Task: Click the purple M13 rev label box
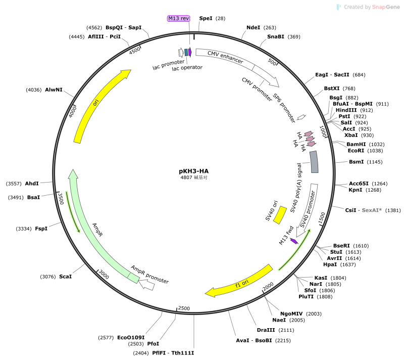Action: pyautogui.click(x=179, y=18)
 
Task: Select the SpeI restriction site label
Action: pyautogui.click(x=206, y=18)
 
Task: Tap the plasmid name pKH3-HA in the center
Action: pyautogui.click(x=194, y=171)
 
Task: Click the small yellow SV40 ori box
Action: pyautogui.click(x=280, y=215)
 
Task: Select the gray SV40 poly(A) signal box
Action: pyautogui.click(x=314, y=162)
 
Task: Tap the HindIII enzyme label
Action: pyautogui.click(x=346, y=110)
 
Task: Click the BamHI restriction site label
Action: pyautogui.click(x=356, y=144)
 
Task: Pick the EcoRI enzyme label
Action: pyautogui.click(x=356, y=151)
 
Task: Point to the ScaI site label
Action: pyautogui.click(x=66, y=277)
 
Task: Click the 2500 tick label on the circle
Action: pyautogui.click(x=184, y=308)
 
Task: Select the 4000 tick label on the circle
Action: pyautogui.click(x=73, y=111)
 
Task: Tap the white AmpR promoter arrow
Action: pyautogui.click(x=146, y=285)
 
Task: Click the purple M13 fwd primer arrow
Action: pyautogui.click(x=294, y=241)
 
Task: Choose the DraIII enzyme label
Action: pyautogui.click(x=266, y=330)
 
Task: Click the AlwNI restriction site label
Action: pyautogui.click(x=54, y=89)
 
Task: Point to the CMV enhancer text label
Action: pyautogui.click(x=225, y=57)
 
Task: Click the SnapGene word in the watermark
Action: pyautogui.click(x=386, y=7)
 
